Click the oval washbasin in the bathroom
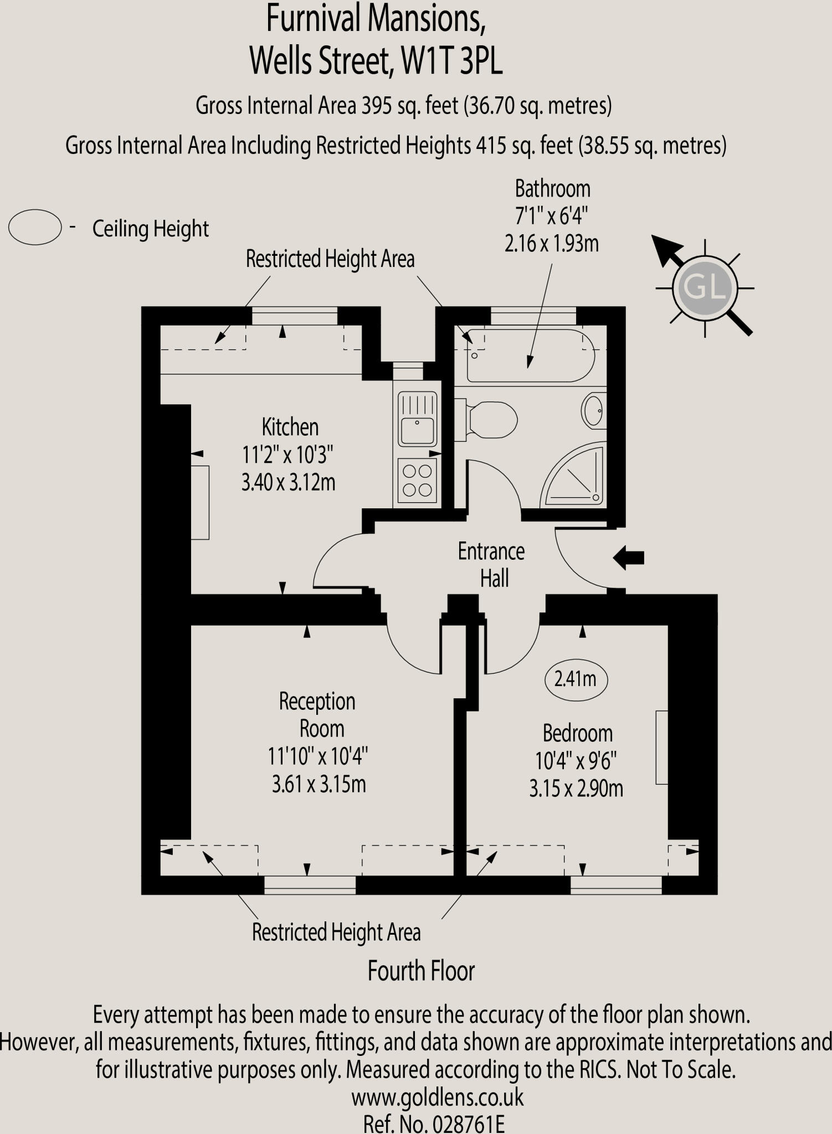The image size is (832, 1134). click(594, 411)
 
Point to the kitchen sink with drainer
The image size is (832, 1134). click(417, 419)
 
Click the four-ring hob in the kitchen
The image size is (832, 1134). click(417, 480)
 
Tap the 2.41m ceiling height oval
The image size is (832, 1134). click(576, 679)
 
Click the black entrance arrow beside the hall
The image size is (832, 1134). click(629, 557)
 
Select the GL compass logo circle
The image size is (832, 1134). click(705, 288)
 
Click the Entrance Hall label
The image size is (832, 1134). click(491, 565)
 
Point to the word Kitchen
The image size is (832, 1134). click(290, 427)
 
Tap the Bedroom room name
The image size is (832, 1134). click(577, 734)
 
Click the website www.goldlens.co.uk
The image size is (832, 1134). click(437, 1097)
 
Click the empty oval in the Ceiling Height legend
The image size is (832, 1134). click(34, 227)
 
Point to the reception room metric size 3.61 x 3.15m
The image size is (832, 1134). click(319, 785)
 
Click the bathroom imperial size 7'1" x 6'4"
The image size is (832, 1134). click(551, 216)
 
